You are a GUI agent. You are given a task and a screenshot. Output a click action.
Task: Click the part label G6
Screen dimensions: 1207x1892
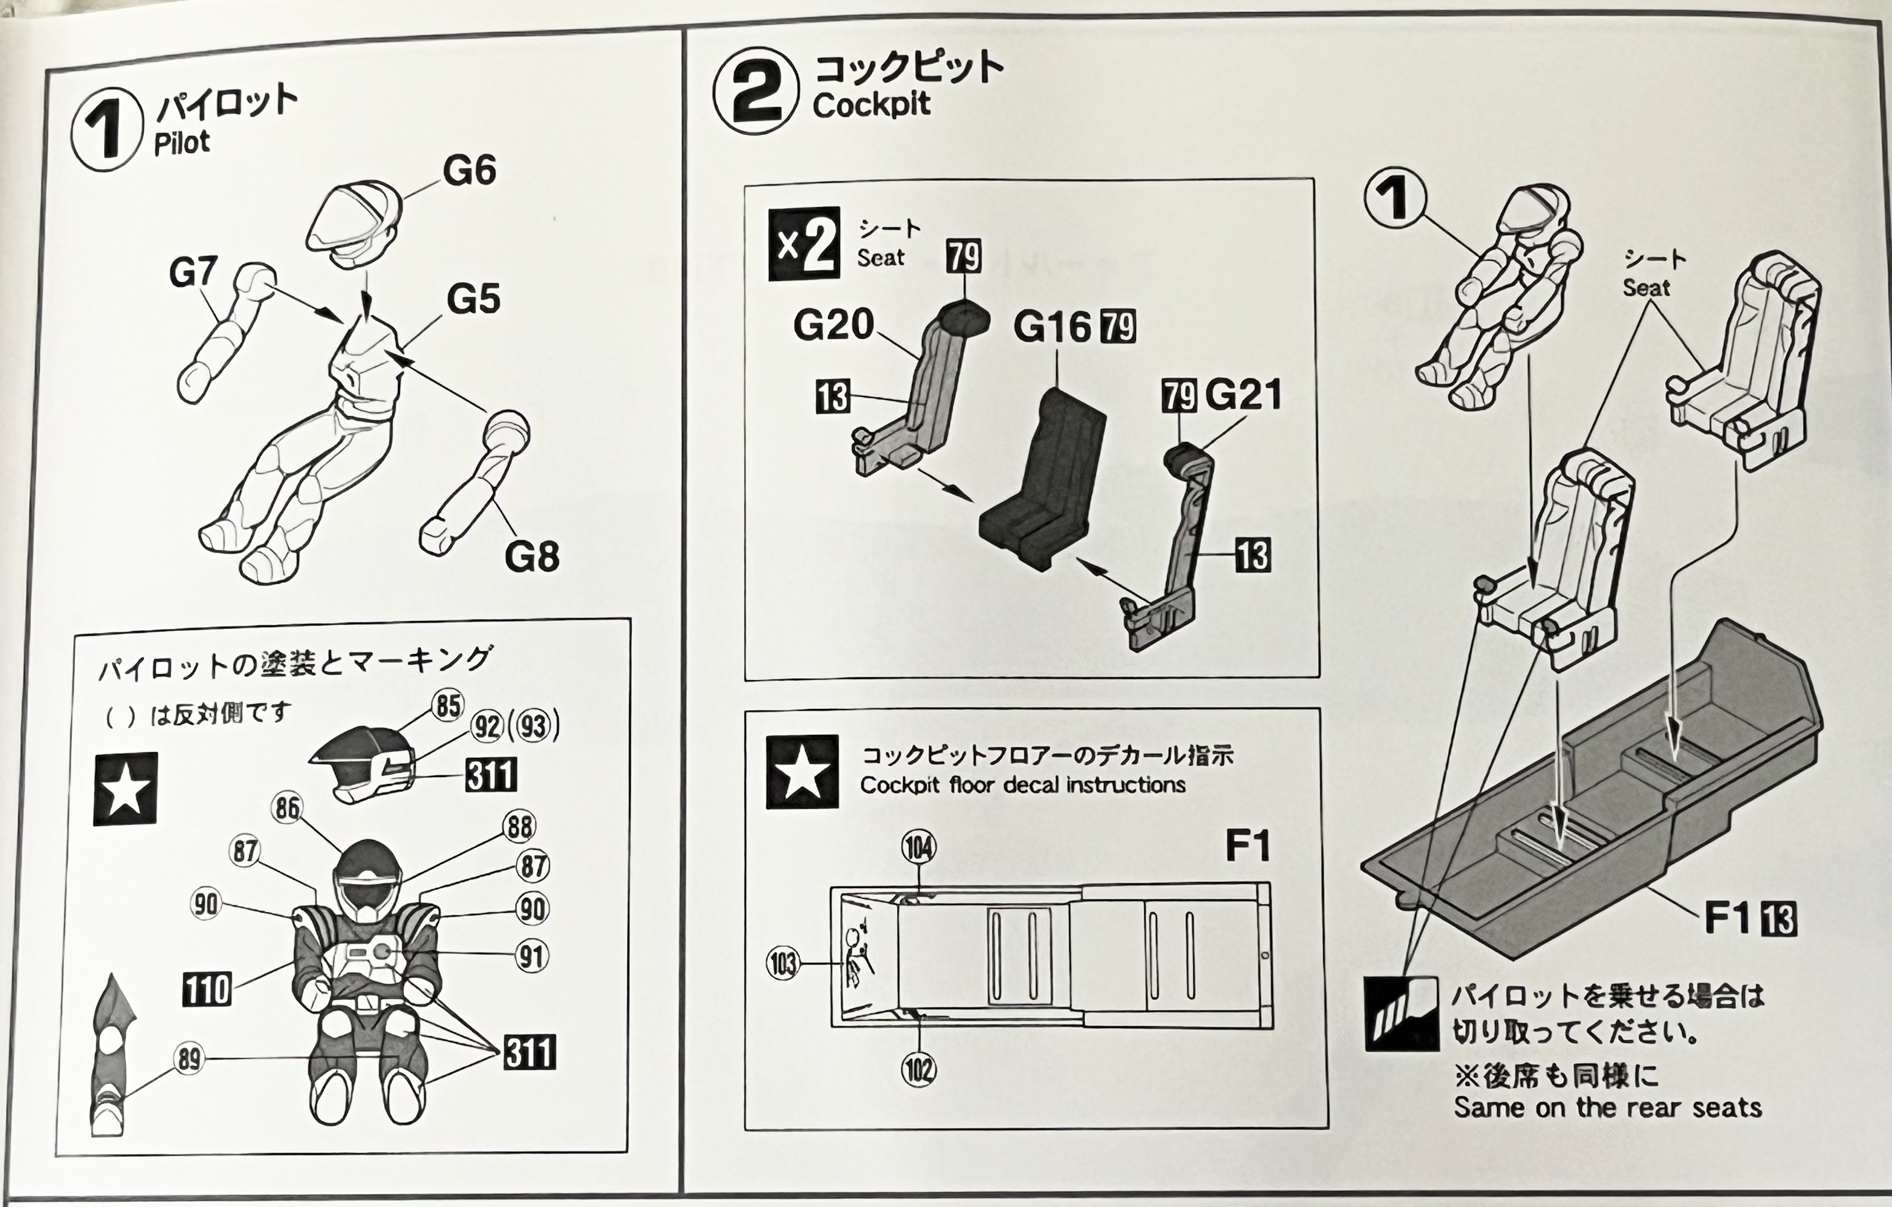(x=469, y=170)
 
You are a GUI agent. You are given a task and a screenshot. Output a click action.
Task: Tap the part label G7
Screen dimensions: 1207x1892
(x=193, y=272)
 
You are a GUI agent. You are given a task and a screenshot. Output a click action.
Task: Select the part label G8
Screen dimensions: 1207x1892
(x=532, y=556)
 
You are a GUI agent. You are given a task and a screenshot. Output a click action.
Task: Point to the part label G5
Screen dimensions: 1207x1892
(x=473, y=299)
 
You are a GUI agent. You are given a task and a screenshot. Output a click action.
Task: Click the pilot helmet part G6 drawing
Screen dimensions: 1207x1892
(x=353, y=222)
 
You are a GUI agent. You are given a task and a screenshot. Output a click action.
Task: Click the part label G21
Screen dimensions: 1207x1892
(x=1243, y=394)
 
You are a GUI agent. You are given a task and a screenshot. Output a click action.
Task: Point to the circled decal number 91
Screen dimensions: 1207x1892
(x=532, y=956)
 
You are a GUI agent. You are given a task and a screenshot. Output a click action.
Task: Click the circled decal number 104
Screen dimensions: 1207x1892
(x=919, y=848)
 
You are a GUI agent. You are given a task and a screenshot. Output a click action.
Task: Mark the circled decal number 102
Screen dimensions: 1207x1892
(x=919, y=1070)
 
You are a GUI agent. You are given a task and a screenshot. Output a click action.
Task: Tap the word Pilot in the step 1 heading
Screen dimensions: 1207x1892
(x=181, y=142)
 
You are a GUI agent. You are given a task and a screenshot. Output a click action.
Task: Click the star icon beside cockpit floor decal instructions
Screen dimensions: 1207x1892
(x=802, y=772)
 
